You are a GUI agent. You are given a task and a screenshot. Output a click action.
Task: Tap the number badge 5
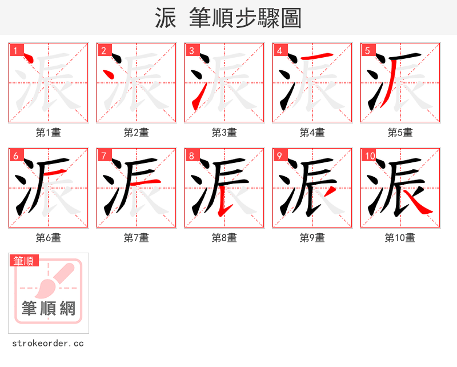tap(367, 50)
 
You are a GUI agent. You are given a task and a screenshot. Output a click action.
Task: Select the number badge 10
tap(370, 155)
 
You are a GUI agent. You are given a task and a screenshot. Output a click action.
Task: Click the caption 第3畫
tap(224, 133)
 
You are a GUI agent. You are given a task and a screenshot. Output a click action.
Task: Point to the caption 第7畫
tap(136, 238)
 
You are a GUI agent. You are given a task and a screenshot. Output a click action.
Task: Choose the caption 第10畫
tap(400, 238)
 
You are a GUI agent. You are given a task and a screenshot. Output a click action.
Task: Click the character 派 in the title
tap(166, 18)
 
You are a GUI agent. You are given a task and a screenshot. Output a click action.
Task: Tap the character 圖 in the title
tap(291, 18)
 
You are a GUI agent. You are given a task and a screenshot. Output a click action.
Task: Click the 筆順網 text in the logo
tap(49, 309)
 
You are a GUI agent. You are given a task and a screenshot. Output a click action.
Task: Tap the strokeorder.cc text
tap(48, 344)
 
